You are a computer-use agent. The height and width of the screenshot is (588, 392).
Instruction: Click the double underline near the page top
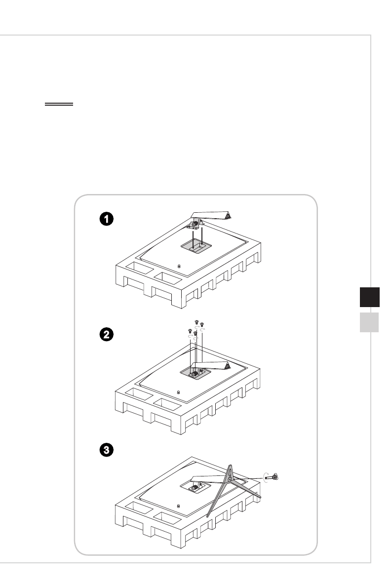click(x=59, y=105)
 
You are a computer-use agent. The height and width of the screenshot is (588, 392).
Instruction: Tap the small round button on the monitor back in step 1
click(x=178, y=267)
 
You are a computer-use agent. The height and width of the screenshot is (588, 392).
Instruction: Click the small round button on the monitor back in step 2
click(x=178, y=392)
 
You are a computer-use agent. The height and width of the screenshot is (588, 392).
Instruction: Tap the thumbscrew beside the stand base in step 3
click(x=274, y=476)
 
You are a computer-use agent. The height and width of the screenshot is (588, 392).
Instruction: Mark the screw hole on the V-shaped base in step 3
click(x=231, y=478)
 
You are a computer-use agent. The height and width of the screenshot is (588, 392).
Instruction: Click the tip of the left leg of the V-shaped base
click(x=208, y=516)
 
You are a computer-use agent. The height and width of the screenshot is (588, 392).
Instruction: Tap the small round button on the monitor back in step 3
click(x=178, y=506)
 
